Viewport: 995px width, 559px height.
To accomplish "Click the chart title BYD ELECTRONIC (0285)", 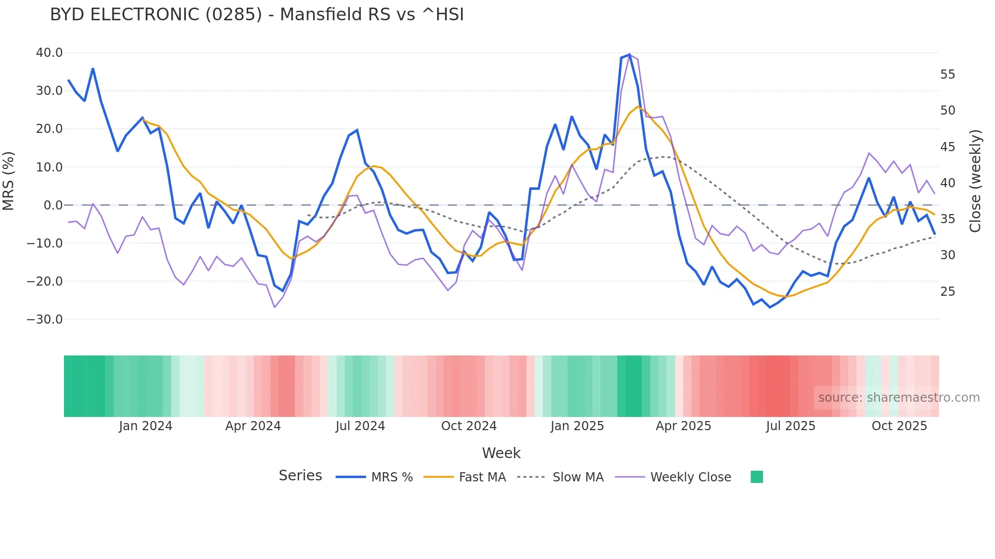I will tap(257, 15).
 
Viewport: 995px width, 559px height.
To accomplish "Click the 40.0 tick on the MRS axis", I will tap(49, 53).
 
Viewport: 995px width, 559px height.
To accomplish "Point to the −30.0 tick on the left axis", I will tap(45, 320).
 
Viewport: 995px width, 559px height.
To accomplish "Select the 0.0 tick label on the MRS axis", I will tap(53, 205).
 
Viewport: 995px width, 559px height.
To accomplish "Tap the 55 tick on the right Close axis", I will tap(947, 75).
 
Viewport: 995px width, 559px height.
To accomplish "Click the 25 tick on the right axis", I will tap(947, 292).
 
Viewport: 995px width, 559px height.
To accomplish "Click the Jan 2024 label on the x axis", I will tap(146, 426).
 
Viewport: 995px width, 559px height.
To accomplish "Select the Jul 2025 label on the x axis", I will tap(790, 426).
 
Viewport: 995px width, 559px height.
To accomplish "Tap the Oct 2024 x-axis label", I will tap(469, 426).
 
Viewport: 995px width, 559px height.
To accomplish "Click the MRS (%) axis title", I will tap(9, 181).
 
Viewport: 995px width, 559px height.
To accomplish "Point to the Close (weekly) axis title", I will tap(975, 181).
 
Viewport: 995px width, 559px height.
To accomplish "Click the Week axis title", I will tap(501, 453).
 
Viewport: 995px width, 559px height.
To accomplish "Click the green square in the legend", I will tap(756, 477).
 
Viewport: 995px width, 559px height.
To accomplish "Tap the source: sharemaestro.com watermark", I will tap(899, 398).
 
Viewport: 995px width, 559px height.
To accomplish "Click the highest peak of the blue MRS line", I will tap(629, 55).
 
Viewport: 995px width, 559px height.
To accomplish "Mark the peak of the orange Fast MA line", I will tap(638, 107).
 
